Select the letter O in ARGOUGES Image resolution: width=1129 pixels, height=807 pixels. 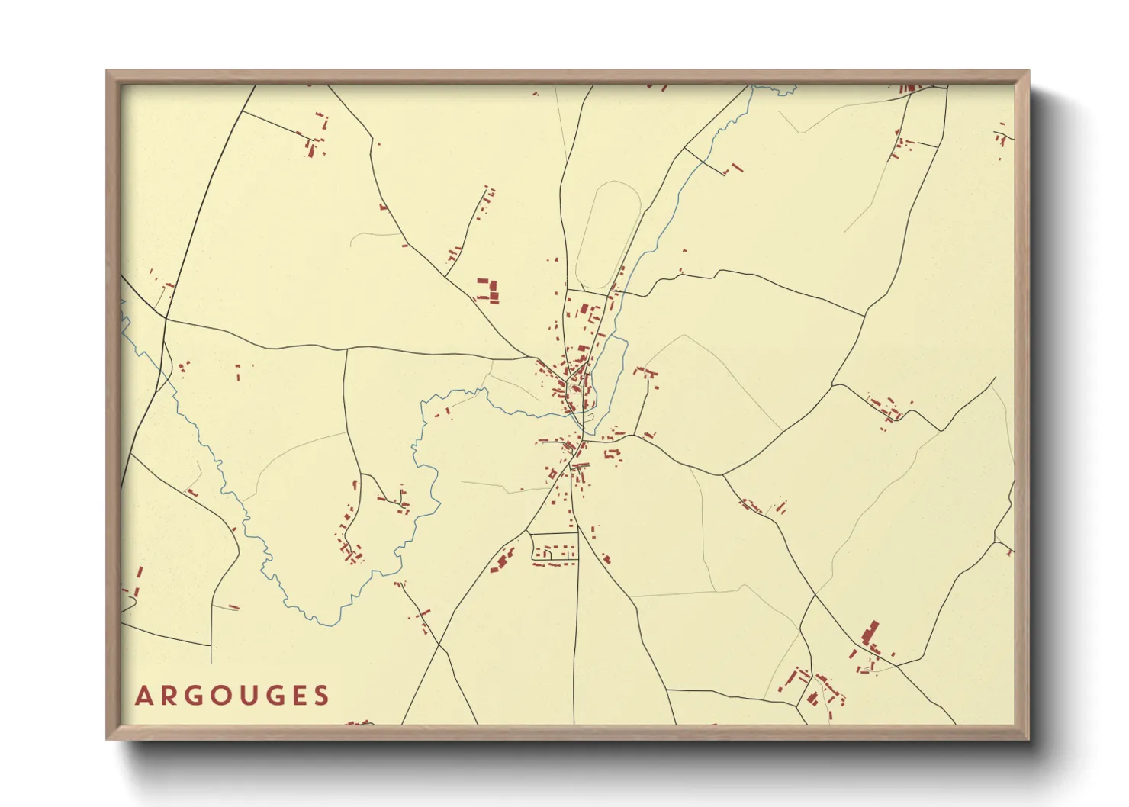pyautogui.click(x=223, y=696)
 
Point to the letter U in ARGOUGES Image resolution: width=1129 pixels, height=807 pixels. pyautogui.click(x=251, y=696)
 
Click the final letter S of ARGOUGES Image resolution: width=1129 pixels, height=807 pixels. pyautogui.click(x=323, y=696)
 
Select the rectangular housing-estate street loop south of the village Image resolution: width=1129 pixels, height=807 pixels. pyautogui.click(x=555, y=548)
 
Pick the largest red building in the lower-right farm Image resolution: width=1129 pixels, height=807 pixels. pyautogui.click(x=870, y=632)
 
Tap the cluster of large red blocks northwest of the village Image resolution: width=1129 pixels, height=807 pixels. pyautogui.click(x=487, y=291)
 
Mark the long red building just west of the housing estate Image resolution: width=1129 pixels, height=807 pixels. pyautogui.click(x=502, y=561)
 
